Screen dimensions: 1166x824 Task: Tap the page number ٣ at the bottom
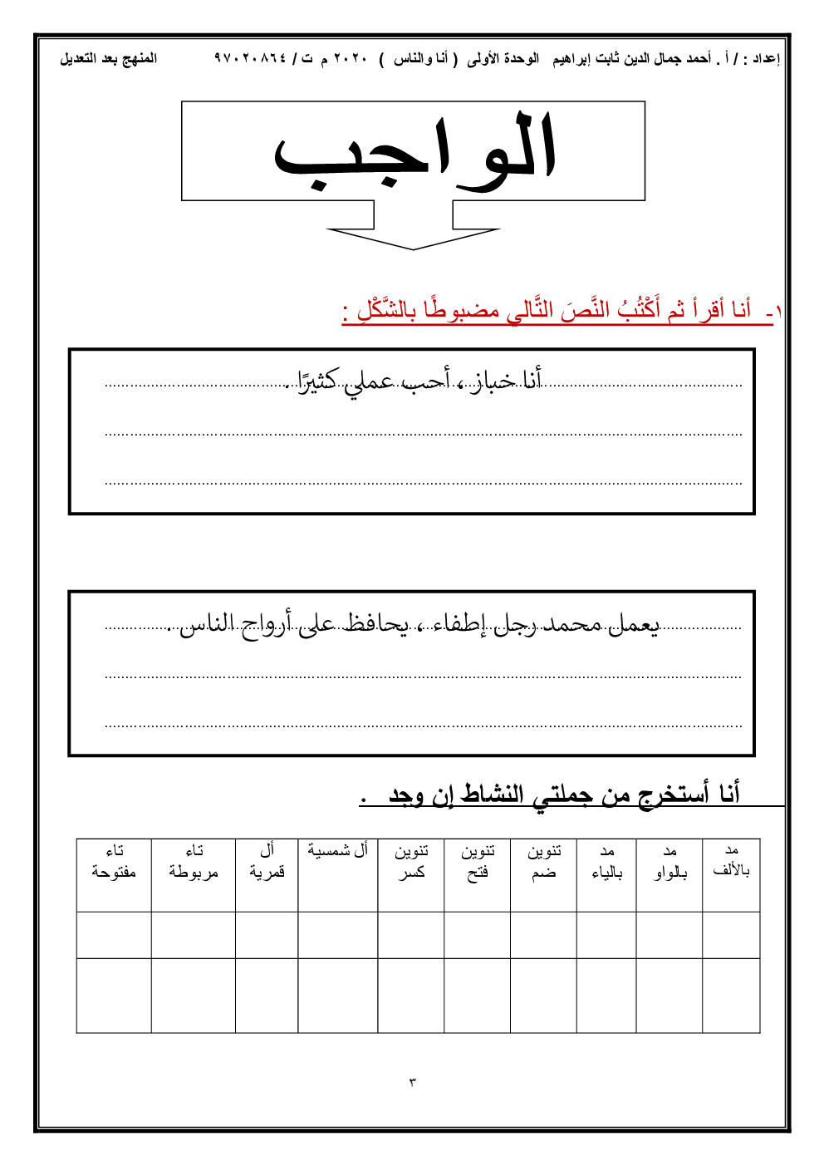point(412,1082)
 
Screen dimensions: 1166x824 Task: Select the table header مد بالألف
point(731,861)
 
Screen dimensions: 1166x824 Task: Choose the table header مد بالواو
point(669,862)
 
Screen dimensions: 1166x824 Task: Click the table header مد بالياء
point(606,862)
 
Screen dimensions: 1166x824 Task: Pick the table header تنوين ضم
point(544,862)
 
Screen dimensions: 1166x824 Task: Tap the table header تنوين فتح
point(478,862)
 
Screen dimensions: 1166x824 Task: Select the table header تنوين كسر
point(411,862)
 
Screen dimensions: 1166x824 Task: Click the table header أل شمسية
point(337,851)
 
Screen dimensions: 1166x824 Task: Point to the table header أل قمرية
point(267,862)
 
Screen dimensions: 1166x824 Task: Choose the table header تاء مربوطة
point(194,862)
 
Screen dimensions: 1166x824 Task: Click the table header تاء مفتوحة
point(114,862)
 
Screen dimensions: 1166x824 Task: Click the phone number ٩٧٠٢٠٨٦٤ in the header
point(250,58)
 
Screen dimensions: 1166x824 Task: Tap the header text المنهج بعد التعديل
point(108,58)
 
